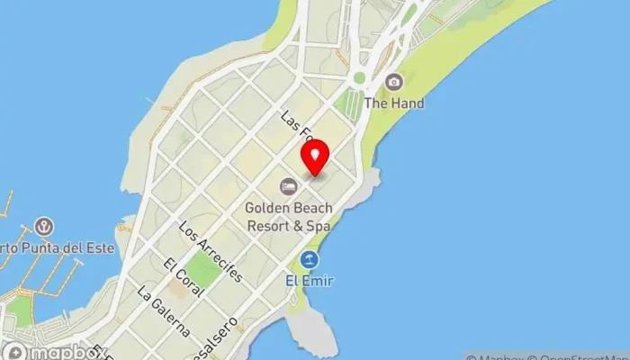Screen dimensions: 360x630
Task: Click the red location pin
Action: (x=315, y=158)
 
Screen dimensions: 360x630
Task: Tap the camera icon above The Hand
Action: (x=393, y=83)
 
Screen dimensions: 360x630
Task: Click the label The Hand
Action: (x=393, y=103)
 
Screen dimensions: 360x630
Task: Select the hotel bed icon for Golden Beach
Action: (x=288, y=186)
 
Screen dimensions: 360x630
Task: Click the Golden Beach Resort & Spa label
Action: (x=288, y=217)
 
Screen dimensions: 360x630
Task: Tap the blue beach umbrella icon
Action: (x=310, y=260)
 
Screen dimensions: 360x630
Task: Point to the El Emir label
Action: (x=310, y=281)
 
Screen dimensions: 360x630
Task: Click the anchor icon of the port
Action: (x=42, y=227)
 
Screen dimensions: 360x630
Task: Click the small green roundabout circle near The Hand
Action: (x=359, y=78)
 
